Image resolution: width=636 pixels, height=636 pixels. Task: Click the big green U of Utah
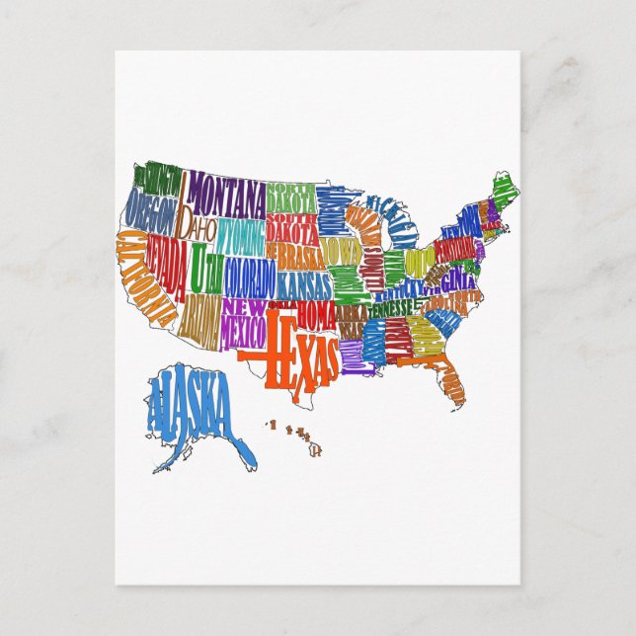coord(200,266)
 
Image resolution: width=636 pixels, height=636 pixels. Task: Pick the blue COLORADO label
coord(249,278)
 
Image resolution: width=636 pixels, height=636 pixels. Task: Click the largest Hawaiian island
coord(316,449)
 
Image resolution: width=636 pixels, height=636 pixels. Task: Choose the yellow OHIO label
coord(420,262)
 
